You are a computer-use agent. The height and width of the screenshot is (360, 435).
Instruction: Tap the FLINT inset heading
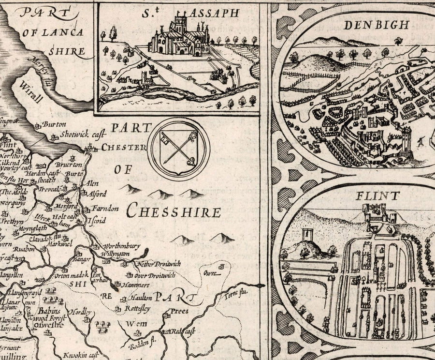click(378, 196)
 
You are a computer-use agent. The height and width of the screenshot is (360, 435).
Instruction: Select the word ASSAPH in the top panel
click(213, 13)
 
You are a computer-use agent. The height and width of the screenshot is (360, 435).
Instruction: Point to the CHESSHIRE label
click(174, 211)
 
